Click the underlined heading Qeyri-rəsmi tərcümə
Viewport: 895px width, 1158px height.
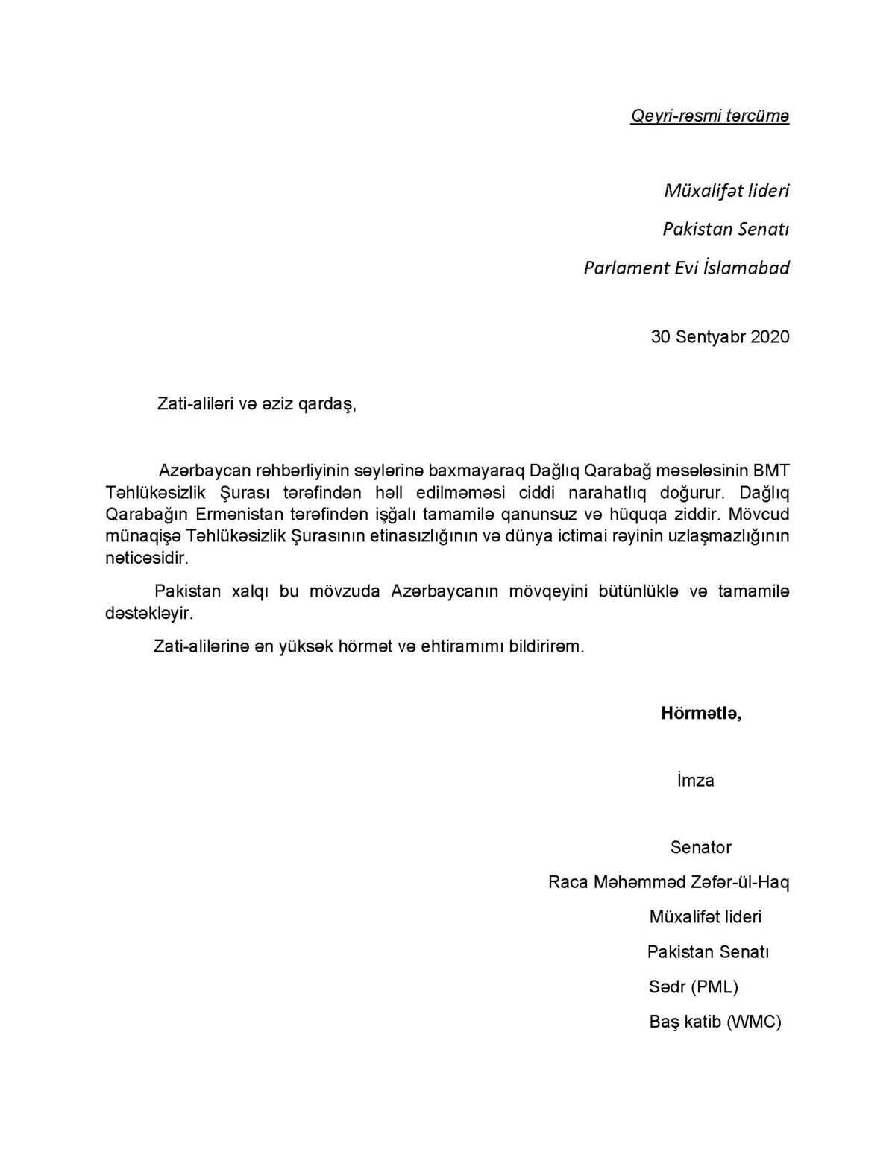point(709,116)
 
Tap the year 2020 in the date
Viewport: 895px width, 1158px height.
point(770,336)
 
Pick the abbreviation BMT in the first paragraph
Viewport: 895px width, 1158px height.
point(771,471)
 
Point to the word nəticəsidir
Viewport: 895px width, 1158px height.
point(147,558)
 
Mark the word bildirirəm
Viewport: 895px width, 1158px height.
point(547,646)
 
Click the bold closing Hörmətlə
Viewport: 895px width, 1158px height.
point(700,714)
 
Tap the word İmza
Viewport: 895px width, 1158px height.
point(695,781)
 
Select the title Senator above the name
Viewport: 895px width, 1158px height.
point(700,847)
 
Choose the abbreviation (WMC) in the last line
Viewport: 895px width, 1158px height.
point(754,1022)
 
